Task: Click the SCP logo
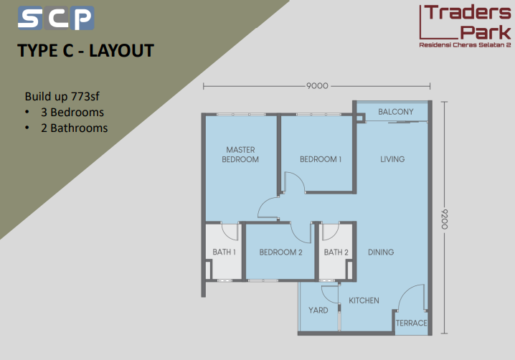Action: click(x=56, y=18)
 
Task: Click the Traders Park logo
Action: click(x=465, y=26)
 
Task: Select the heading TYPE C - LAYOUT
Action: click(x=85, y=51)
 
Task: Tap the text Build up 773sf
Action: click(x=62, y=96)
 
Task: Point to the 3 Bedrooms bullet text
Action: click(x=72, y=113)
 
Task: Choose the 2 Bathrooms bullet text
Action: click(x=74, y=128)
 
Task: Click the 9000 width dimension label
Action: click(x=317, y=86)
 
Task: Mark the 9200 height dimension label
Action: click(x=444, y=219)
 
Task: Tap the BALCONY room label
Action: click(x=396, y=112)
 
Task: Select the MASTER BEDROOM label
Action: click(x=240, y=154)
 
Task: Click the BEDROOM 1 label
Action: click(x=321, y=159)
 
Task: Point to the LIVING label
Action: click(x=392, y=159)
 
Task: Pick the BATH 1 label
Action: click(x=224, y=252)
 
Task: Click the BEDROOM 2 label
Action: click(x=281, y=252)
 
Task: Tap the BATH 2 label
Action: click(x=336, y=252)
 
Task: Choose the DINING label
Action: click(x=381, y=252)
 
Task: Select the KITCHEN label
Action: click(x=364, y=300)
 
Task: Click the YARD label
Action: click(x=318, y=311)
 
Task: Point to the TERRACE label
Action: click(x=411, y=323)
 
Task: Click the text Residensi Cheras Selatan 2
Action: click(x=465, y=45)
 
